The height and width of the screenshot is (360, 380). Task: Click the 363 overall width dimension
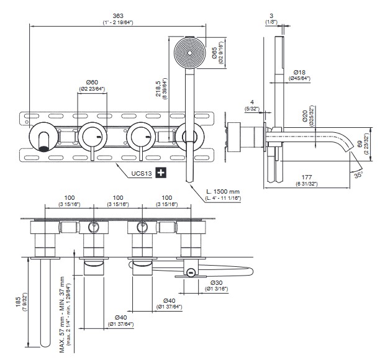(x=117, y=16)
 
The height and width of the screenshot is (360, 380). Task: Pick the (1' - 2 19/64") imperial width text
(x=117, y=23)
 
